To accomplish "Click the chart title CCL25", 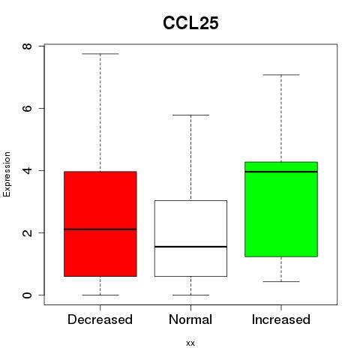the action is click(190, 23).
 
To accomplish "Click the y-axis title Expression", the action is click(7, 174).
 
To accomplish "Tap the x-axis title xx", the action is click(190, 343).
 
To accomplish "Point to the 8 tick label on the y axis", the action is click(28, 46).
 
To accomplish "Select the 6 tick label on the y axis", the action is click(28, 108).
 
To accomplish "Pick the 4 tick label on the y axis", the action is click(28, 170).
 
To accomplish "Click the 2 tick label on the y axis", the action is click(28, 232).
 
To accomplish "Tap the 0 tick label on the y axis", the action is click(28, 295).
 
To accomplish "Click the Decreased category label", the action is click(100, 319).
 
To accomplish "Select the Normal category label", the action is click(190, 319).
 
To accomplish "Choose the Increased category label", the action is click(281, 319).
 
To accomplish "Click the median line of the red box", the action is click(100, 229).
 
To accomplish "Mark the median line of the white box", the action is click(190, 247).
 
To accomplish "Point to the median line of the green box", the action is click(281, 172).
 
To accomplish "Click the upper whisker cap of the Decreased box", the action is click(100, 54).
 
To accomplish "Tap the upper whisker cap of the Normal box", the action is click(190, 115).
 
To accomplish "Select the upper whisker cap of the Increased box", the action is click(281, 75).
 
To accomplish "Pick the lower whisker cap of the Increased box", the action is click(281, 282).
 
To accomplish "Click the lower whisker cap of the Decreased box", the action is click(100, 295).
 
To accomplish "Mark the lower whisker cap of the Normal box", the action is click(190, 295).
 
